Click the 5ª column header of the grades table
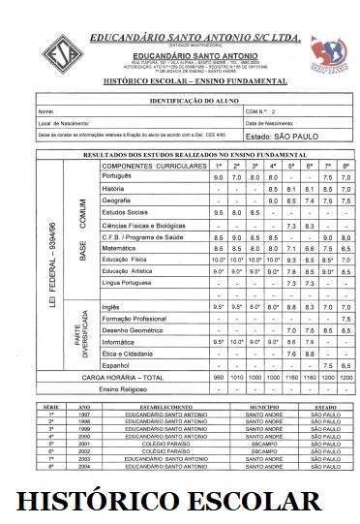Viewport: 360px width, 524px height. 291,166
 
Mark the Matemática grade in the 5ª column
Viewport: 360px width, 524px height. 291,248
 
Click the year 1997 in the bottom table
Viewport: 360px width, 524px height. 83,414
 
